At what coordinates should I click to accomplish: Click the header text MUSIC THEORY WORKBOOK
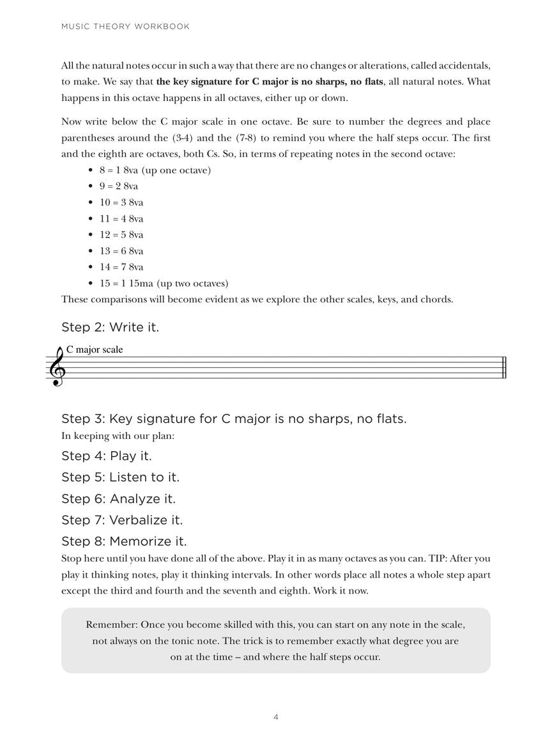tap(125, 27)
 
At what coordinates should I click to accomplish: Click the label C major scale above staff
tap(95, 349)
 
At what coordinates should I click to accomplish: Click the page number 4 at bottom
tap(276, 717)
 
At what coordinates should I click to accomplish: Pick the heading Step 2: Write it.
tap(110, 327)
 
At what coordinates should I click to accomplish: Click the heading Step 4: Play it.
tap(106, 456)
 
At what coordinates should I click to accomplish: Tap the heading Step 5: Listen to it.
tap(120, 477)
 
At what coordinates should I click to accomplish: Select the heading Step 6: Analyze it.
tap(118, 499)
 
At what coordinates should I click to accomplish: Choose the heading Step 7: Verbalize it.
tap(122, 520)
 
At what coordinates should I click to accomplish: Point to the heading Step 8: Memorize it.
tap(124, 542)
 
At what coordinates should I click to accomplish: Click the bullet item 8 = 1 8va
tap(155, 170)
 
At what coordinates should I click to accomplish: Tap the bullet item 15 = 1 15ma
tap(164, 283)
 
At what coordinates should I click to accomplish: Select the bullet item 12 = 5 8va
tap(121, 234)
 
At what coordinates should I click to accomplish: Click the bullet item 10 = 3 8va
tap(121, 203)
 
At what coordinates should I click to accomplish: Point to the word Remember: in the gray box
tap(111, 624)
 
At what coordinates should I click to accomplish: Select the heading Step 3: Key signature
tap(233, 419)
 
